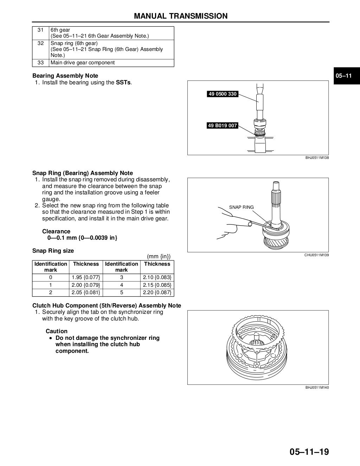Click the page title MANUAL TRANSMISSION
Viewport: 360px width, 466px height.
(x=181, y=16)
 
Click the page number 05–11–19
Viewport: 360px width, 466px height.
(x=309, y=451)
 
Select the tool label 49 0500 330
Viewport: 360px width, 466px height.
(x=223, y=94)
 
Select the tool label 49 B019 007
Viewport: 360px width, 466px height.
(x=223, y=125)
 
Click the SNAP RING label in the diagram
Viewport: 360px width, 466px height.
(x=241, y=207)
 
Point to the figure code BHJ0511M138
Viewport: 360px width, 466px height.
(x=317, y=158)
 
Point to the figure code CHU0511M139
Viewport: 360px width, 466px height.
(x=316, y=255)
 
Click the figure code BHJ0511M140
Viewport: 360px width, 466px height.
(x=317, y=388)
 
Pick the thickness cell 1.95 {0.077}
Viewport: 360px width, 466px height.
(x=85, y=277)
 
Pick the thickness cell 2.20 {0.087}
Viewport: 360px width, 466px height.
(x=157, y=292)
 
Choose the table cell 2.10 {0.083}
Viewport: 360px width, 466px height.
(x=157, y=277)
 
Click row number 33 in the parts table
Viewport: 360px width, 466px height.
(x=40, y=63)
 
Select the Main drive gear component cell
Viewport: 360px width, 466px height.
(x=83, y=63)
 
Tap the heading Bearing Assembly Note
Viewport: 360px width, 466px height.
(x=65, y=76)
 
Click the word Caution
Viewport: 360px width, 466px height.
(x=56, y=331)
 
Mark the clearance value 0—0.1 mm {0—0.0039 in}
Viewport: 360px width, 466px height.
(x=82, y=238)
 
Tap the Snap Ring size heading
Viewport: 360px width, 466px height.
(x=53, y=251)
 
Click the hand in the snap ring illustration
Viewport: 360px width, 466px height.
(x=227, y=221)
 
